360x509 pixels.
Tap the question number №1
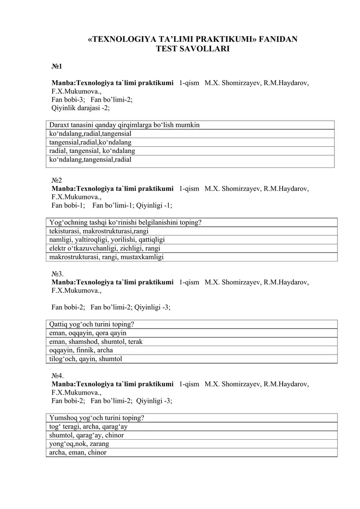(x=57, y=67)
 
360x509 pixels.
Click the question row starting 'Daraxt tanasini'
(x=125, y=125)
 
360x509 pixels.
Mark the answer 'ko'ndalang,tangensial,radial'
(x=90, y=159)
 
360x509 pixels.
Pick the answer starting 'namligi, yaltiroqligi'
(x=107, y=240)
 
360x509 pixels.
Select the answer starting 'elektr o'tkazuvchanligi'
(x=105, y=248)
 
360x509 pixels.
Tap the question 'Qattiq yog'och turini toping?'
(x=92, y=324)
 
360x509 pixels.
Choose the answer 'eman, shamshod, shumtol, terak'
(x=96, y=342)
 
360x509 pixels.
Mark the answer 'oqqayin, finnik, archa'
(x=81, y=350)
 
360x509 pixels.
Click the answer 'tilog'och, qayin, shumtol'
(x=86, y=359)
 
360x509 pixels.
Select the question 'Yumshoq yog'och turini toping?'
(x=97, y=418)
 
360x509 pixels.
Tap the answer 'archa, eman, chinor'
(x=78, y=453)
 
